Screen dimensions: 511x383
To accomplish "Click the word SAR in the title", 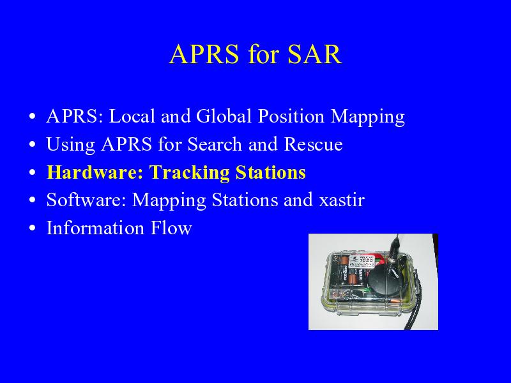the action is [x=314, y=54].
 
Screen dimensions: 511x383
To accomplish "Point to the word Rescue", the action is [x=313, y=144].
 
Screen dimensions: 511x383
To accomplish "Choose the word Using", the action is [x=71, y=145].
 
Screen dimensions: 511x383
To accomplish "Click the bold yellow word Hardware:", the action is [x=95, y=172].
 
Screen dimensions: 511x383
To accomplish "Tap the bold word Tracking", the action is [x=190, y=173].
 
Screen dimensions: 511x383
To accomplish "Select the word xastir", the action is [x=342, y=200].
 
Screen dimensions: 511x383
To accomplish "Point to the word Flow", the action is [x=171, y=227].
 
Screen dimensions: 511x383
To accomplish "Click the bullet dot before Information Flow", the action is [x=32, y=228].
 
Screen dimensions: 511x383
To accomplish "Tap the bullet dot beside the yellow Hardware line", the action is [x=32, y=172].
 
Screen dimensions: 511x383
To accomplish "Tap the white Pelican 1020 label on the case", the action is [x=362, y=262].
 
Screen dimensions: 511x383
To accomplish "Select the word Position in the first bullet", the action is [x=291, y=116].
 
